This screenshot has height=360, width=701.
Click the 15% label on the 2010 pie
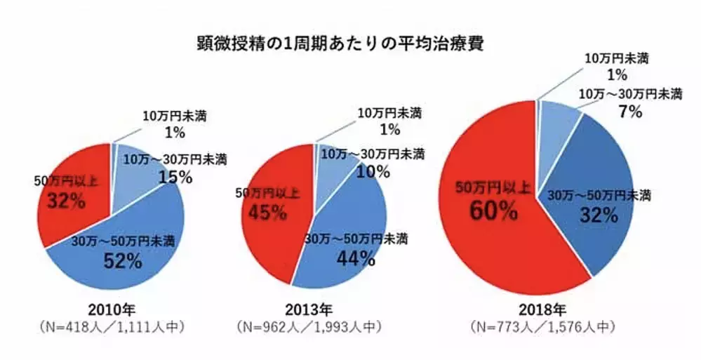175,177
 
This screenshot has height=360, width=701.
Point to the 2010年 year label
109,309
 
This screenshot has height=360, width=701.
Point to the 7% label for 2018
630,111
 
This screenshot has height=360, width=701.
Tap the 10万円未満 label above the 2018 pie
616,58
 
